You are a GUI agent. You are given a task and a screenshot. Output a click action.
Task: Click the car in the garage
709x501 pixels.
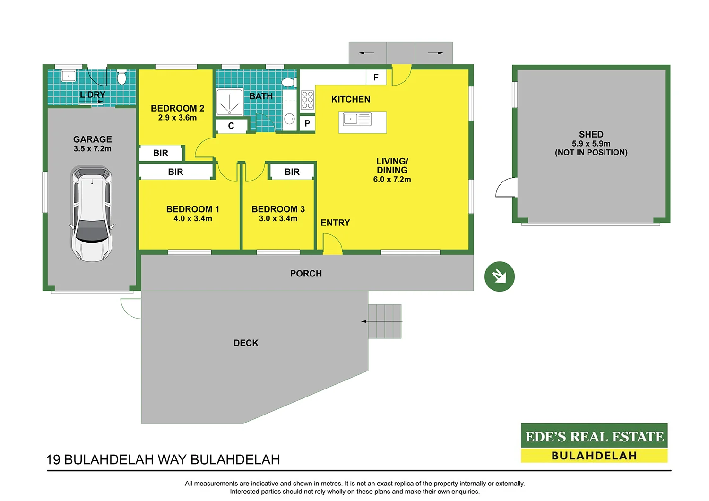(92, 214)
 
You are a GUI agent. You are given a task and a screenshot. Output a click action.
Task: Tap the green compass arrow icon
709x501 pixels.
(499, 276)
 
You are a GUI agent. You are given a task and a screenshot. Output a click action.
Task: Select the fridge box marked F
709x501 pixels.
(376, 78)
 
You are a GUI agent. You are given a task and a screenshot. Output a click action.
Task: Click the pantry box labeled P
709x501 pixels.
(307, 123)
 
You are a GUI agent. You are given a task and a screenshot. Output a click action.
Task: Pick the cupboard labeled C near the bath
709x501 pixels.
(231, 126)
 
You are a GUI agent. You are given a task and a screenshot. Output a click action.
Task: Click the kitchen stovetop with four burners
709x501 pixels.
(307, 100)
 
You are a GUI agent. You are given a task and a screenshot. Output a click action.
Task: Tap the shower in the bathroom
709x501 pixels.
(229, 102)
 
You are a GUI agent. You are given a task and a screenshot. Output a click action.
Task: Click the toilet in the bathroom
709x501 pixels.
(288, 83)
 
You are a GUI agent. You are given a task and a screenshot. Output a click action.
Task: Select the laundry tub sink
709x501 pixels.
(69, 76)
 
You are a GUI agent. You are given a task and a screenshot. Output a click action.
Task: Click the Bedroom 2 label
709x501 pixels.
(177, 108)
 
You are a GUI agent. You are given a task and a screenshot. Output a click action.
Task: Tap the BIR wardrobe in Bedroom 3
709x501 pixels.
(292, 172)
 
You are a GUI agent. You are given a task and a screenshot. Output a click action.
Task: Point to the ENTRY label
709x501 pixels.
(335, 223)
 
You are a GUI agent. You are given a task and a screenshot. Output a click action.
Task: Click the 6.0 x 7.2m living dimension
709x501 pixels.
(392, 180)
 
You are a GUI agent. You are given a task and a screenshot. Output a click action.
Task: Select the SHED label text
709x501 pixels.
(591, 134)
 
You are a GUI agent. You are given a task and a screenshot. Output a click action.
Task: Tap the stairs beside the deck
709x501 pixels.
(385, 321)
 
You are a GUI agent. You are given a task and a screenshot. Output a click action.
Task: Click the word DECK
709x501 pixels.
(246, 343)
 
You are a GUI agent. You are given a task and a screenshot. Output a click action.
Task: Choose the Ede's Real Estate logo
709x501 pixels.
(594, 443)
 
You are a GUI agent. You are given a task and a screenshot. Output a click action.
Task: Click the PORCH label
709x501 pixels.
(306, 274)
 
